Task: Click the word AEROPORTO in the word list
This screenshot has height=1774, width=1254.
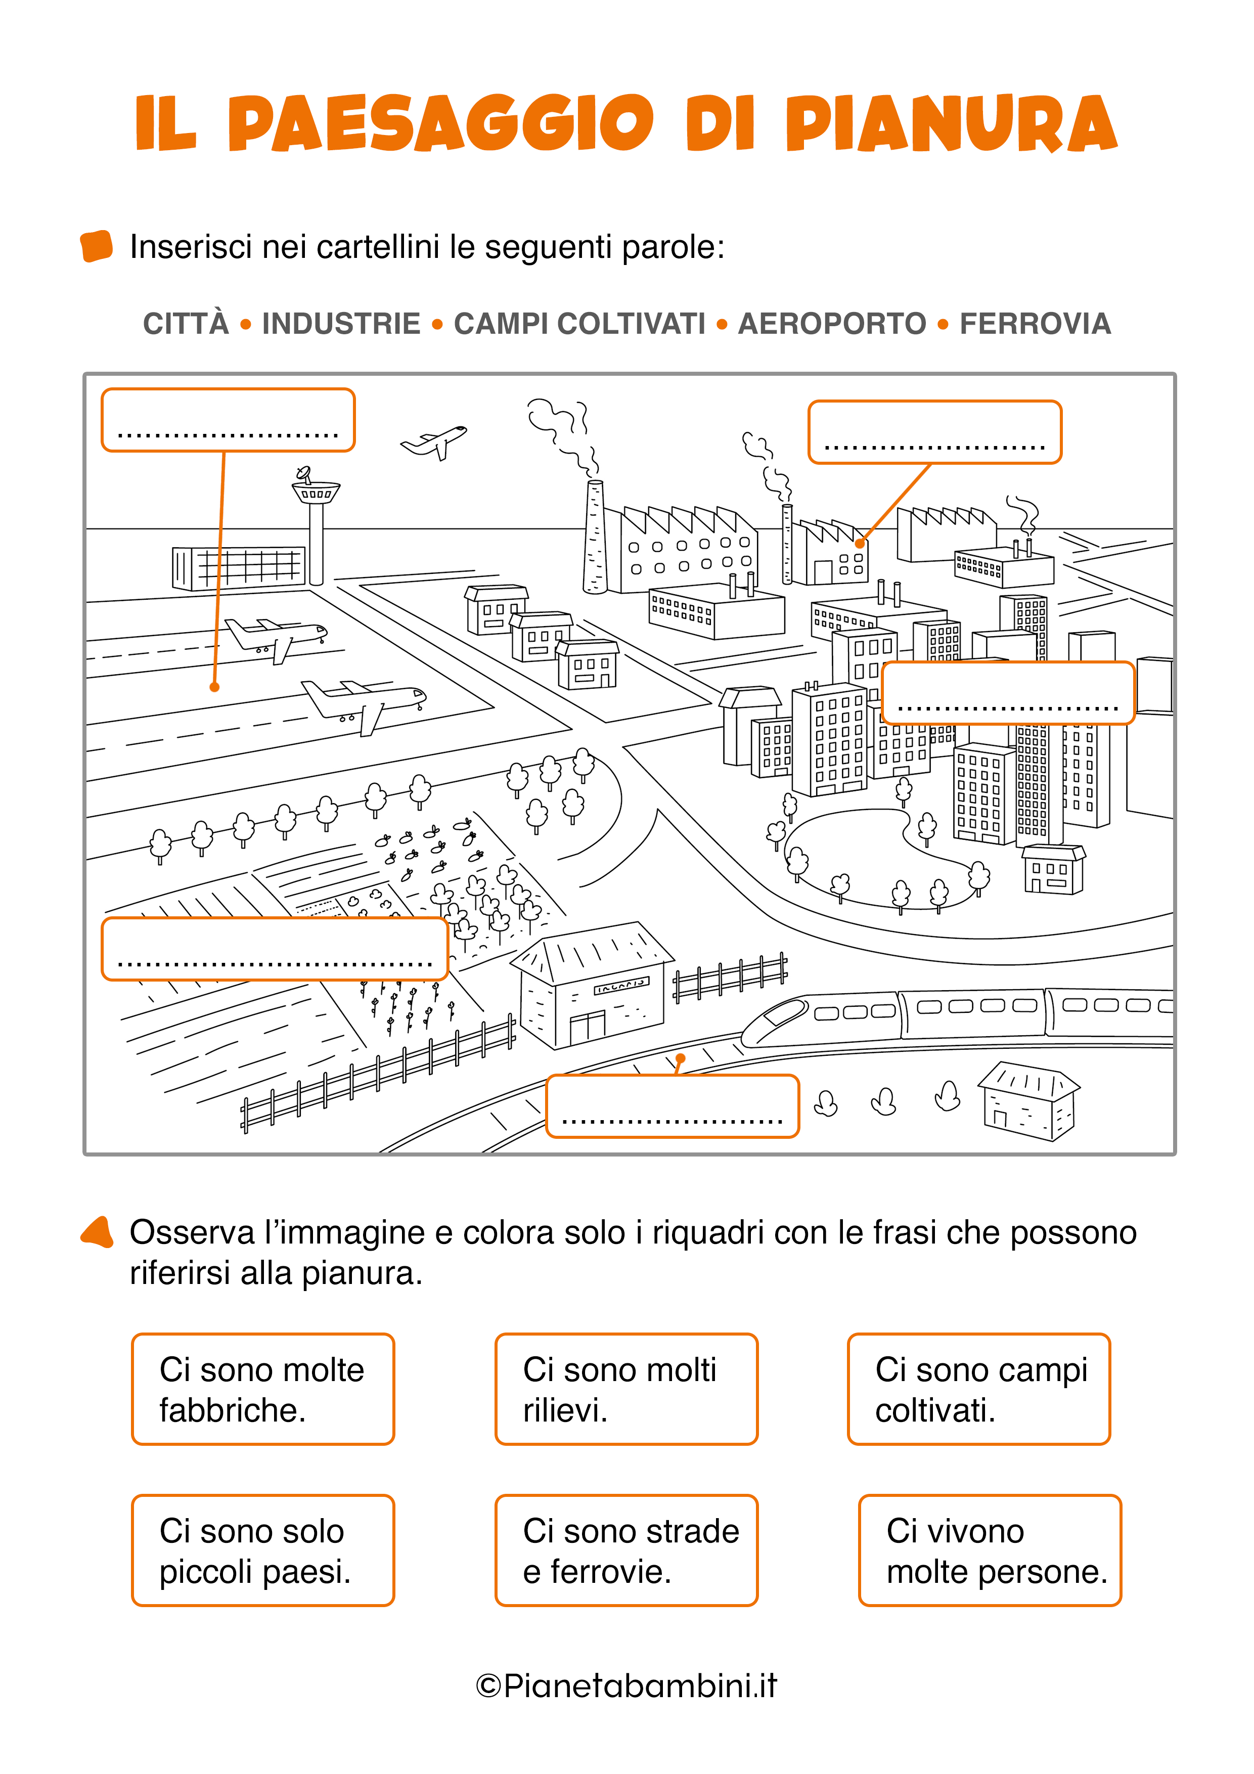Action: pos(831,324)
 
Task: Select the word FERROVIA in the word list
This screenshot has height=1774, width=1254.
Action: pos(1035,324)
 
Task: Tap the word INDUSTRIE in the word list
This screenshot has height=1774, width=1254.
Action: pos(341,324)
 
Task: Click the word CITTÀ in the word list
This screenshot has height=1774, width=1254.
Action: pos(186,324)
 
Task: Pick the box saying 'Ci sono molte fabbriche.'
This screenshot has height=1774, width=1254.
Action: pos(263,1389)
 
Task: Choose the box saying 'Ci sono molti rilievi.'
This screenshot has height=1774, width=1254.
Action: pos(626,1389)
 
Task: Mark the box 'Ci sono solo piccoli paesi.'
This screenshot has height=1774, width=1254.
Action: pos(263,1550)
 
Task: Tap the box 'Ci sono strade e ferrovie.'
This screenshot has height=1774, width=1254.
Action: pos(626,1550)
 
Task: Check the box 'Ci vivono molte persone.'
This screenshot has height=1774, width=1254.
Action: pos(989,1550)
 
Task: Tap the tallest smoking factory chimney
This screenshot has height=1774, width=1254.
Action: pos(594,537)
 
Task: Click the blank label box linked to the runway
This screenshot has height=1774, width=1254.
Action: pos(228,420)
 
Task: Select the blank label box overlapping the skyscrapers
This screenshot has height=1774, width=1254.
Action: pos(1008,693)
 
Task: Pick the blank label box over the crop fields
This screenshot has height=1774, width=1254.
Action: pos(274,949)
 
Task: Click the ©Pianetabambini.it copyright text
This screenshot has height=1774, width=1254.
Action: pos(626,1686)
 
